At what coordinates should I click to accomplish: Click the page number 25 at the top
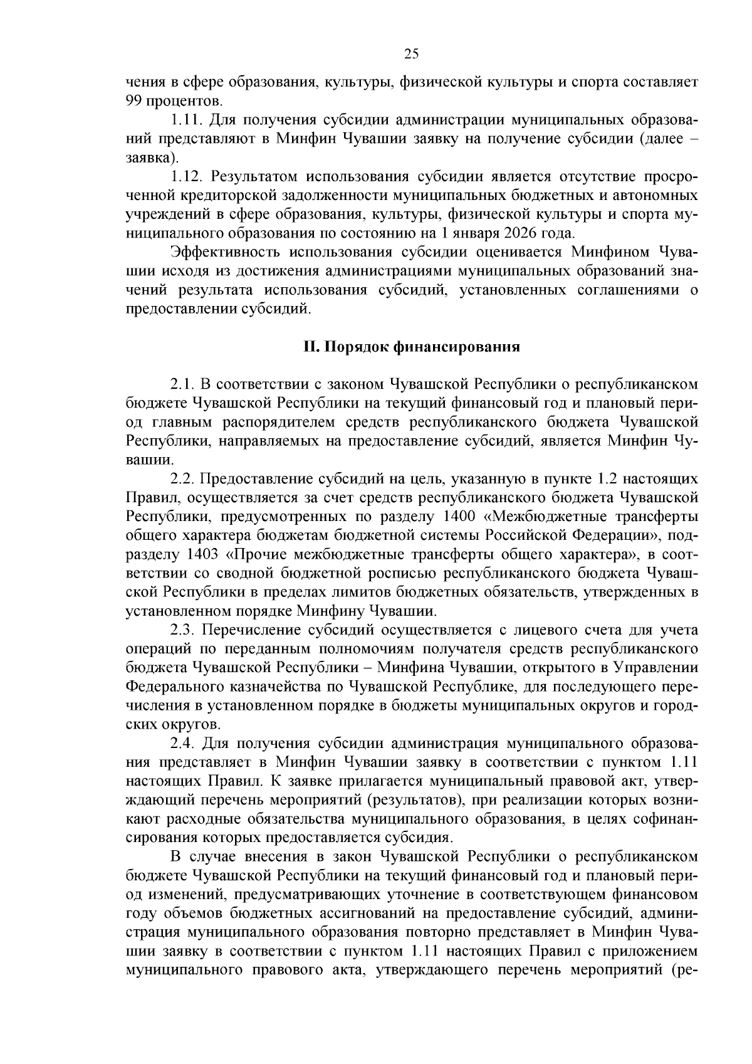tap(411, 54)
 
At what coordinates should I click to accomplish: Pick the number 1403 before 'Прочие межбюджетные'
tap(202, 554)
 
